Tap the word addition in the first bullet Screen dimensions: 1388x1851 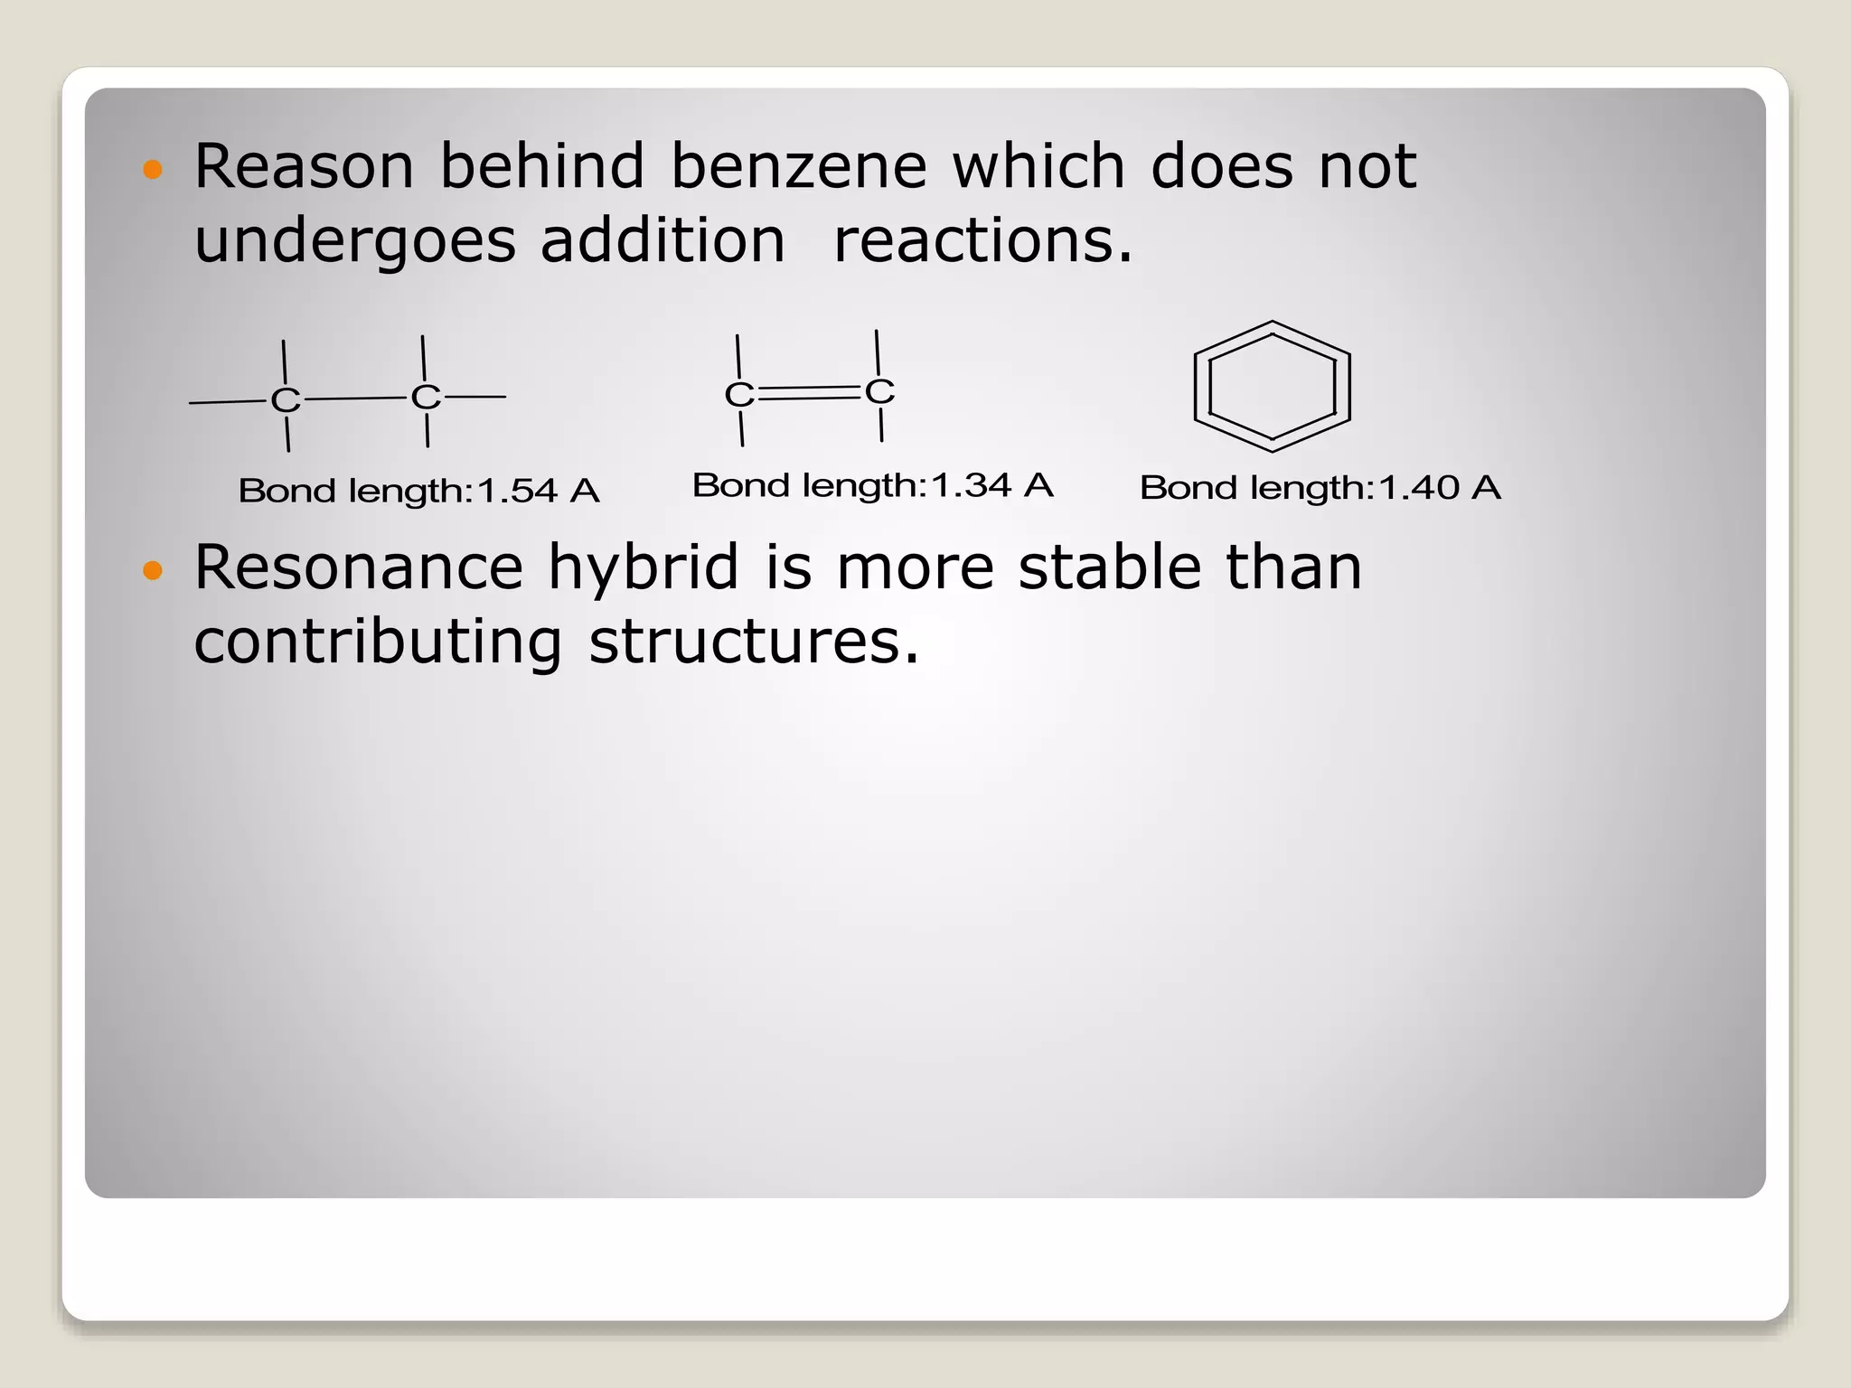[662, 241]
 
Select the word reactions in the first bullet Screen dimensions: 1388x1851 [982, 241]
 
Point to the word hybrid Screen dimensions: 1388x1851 [644, 569]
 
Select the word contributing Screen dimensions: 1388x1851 [378, 643]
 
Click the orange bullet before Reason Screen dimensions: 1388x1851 [153, 169]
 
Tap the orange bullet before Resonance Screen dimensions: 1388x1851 [153, 570]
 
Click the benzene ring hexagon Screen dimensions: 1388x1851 [1272, 386]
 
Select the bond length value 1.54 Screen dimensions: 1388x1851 [517, 492]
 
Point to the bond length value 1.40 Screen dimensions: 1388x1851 [1418, 488]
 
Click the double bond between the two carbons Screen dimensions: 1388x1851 [809, 392]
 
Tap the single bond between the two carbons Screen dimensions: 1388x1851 [355, 398]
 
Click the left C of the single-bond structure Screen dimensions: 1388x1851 [286, 399]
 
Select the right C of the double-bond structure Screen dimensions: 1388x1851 [879, 391]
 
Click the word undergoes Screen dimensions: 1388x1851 [354, 243]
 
